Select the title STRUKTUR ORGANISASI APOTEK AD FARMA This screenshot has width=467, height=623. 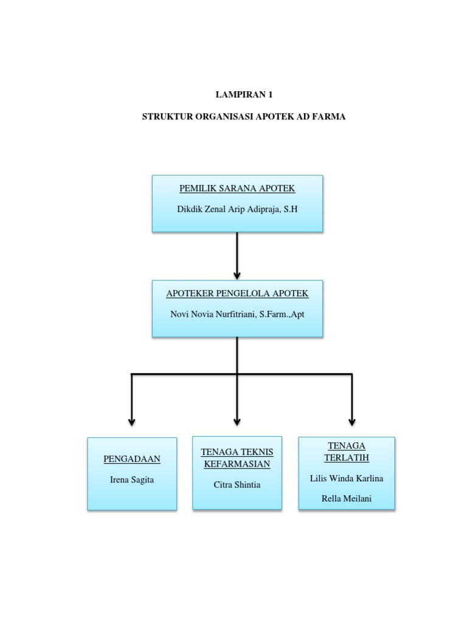click(243, 117)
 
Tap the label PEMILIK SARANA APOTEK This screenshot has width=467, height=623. click(237, 189)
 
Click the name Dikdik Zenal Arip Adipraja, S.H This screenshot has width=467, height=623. click(237, 209)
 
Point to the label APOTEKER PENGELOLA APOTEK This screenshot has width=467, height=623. click(237, 294)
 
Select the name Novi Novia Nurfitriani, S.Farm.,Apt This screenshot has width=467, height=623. click(237, 314)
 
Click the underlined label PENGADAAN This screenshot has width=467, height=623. click(132, 459)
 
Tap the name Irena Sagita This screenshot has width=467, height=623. click(132, 479)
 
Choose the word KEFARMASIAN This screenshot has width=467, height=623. click(237, 464)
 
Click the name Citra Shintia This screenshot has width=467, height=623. click(237, 485)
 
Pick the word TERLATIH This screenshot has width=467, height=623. click(347, 458)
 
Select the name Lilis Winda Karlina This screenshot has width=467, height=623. click(347, 478)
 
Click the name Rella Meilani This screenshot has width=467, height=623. click(347, 499)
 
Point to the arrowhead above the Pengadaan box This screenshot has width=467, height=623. click(132, 422)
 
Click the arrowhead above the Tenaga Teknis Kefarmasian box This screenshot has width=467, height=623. click(237, 422)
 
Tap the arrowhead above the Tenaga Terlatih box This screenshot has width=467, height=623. click(352, 422)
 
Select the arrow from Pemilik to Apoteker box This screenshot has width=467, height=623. click(237, 256)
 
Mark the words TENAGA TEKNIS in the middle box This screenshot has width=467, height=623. click(237, 452)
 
